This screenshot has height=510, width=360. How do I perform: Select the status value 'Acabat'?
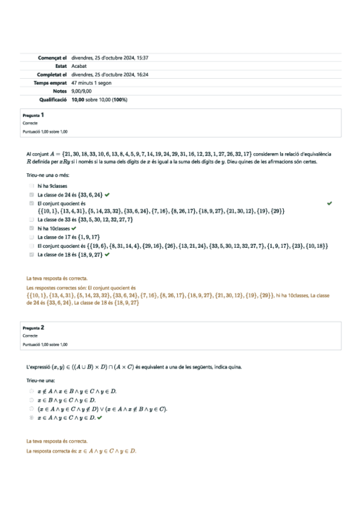click(79, 66)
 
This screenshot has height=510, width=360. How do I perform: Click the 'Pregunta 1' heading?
click(33, 114)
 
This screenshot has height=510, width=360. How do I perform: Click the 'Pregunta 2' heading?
click(33, 328)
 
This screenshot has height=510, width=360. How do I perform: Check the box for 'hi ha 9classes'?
click(32, 186)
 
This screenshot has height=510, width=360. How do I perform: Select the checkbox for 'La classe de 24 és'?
click(32, 195)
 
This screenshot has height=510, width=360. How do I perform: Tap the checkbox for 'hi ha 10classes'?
click(32, 229)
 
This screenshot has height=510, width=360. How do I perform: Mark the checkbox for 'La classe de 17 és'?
click(32, 237)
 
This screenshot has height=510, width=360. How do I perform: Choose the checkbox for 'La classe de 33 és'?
click(32, 220)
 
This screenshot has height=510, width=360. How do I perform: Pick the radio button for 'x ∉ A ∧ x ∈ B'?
click(31, 390)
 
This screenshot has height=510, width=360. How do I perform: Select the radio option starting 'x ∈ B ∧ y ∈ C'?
click(31, 399)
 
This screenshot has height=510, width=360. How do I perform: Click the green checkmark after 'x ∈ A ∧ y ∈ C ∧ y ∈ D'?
click(100, 417)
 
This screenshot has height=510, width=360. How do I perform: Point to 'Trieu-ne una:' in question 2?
click(41, 380)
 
